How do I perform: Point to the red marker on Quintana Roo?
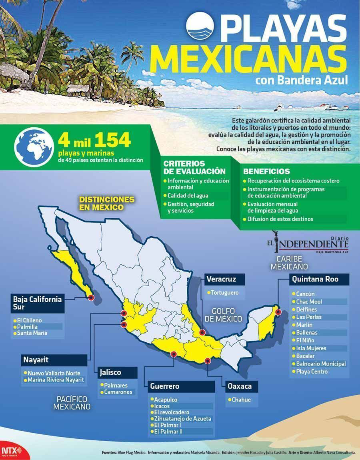click(278, 313)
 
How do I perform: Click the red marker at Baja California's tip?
click(91, 297)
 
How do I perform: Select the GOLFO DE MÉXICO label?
click(224, 315)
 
